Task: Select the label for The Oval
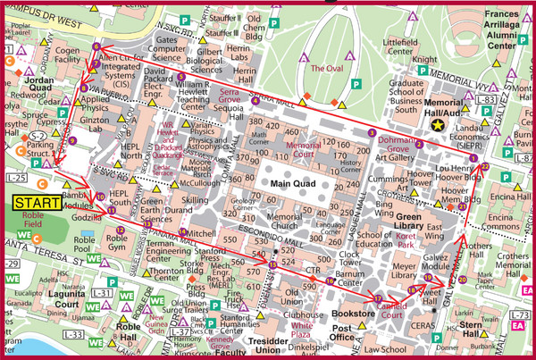(x=327, y=68)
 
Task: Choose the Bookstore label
(x=352, y=314)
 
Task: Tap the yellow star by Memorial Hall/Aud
(x=437, y=127)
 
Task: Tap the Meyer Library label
(x=410, y=270)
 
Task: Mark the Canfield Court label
(x=393, y=312)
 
